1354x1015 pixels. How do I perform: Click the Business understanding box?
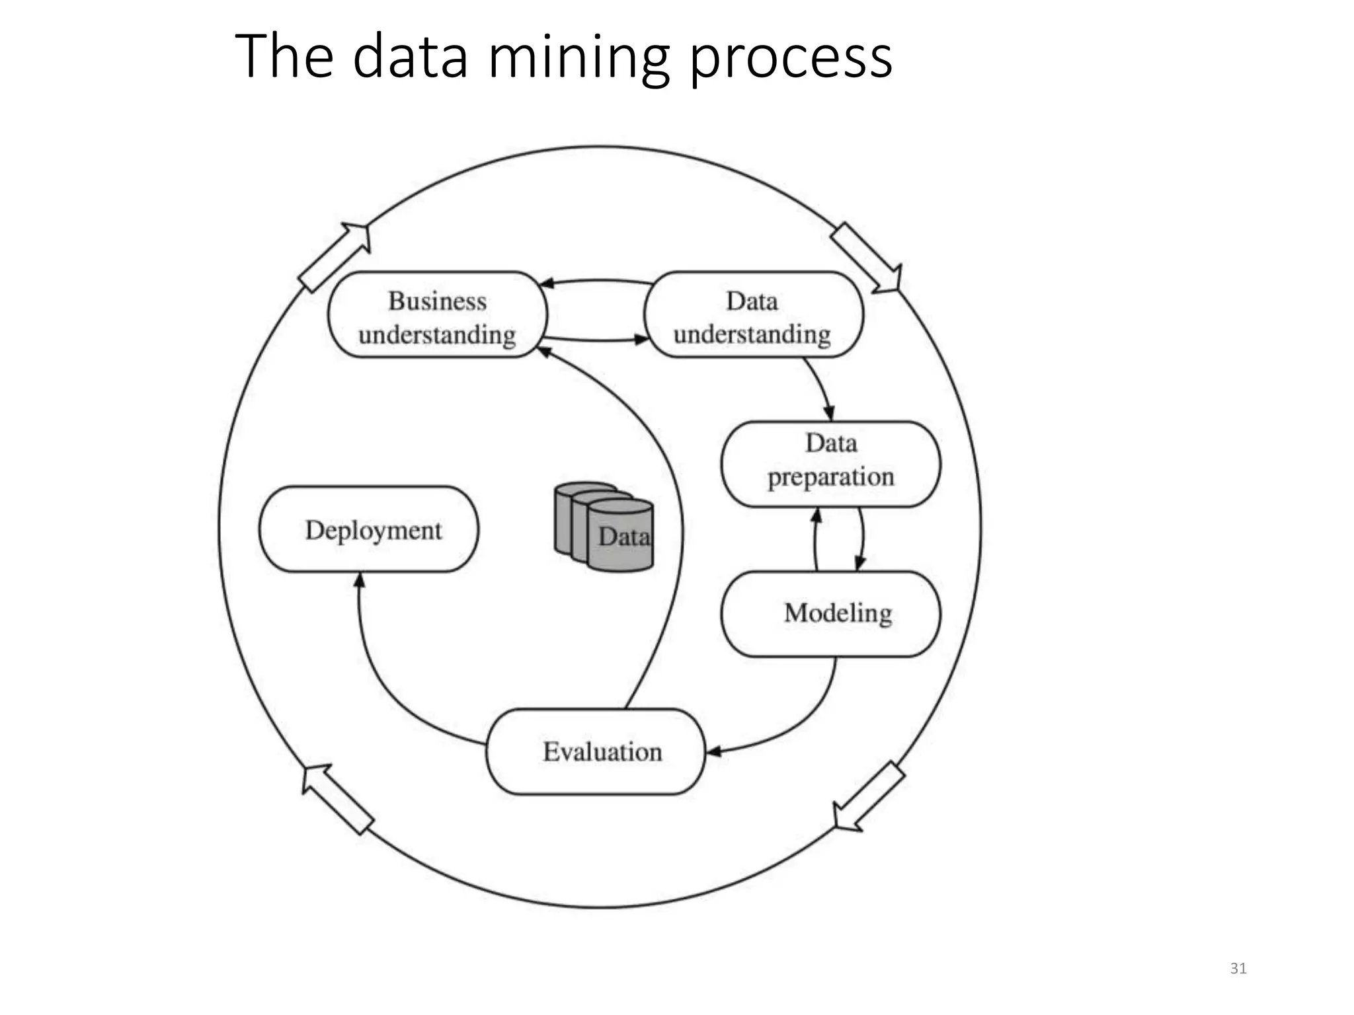pos(437,315)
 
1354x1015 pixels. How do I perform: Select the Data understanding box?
pos(753,315)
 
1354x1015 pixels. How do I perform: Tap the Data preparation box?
pos(830,464)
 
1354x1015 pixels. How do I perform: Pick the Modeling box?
pos(830,614)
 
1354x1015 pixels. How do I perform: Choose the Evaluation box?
pos(596,751)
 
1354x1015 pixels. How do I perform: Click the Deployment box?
pos(369,529)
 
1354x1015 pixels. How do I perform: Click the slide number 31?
pos(1238,969)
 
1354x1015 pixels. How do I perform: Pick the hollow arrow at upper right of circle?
pos(866,258)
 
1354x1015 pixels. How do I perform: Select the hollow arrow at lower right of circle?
pos(867,797)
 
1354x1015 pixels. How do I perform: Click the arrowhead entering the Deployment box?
pos(359,580)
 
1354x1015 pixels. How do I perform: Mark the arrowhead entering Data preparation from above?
pos(830,413)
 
